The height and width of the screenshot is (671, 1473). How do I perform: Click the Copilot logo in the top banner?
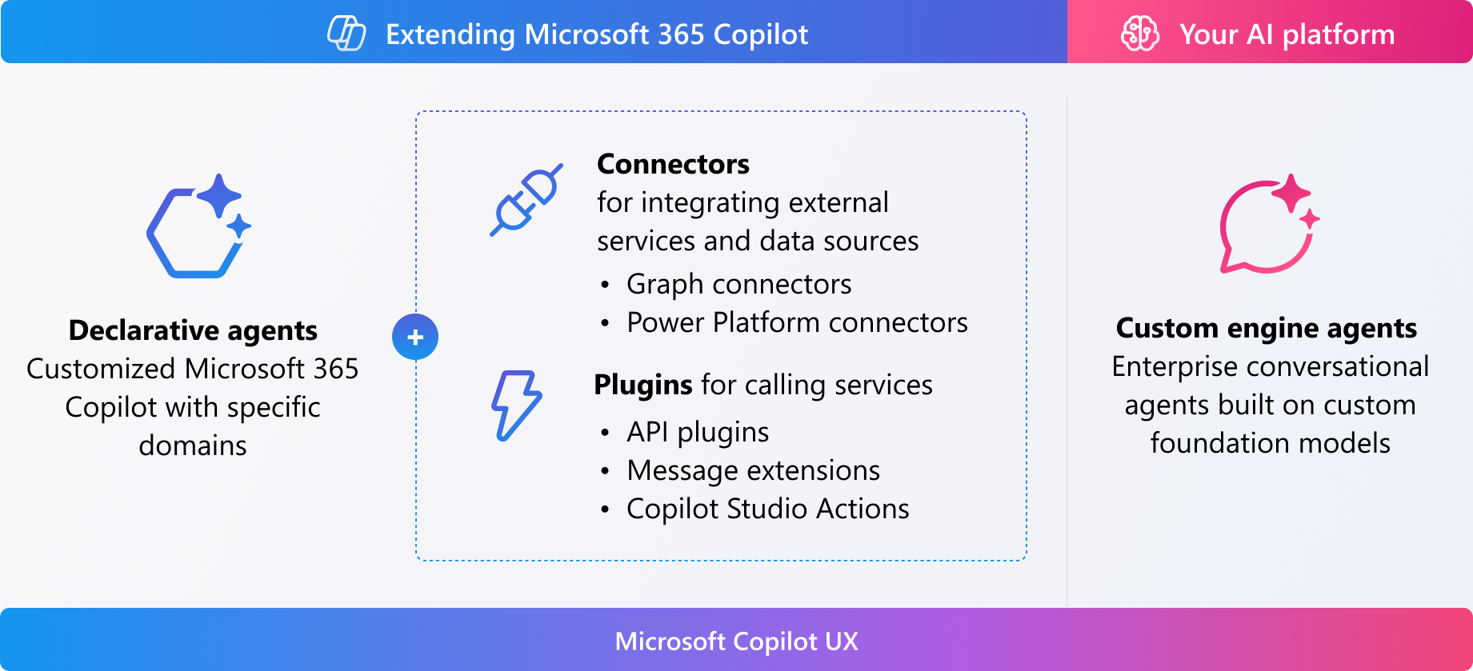click(x=346, y=34)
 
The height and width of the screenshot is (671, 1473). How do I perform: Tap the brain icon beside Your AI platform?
click(x=1140, y=34)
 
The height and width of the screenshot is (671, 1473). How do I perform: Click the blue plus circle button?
click(x=415, y=337)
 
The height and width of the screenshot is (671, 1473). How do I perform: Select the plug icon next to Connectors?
click(x=526, y=200)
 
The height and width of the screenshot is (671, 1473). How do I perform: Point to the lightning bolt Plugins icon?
click(x=515, y=405)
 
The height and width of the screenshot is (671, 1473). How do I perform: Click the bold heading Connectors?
click(x=673, y=164)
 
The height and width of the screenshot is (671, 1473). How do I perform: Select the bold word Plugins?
click(x=643, y=385)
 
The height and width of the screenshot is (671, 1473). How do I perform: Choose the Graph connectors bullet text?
click(x=739, y=284)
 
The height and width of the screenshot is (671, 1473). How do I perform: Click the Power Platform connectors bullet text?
click(x=797, y=322)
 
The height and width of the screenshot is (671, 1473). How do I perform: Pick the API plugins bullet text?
click(x=698, y=432)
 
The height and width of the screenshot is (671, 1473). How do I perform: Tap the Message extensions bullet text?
click(x=753, y=470)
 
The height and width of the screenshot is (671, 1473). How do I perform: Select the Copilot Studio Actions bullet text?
click(x=767, y=509)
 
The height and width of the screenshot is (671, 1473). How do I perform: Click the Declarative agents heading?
click(x=193, y=330)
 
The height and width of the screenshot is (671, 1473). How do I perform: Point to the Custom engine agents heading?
click(x=1266, y=328)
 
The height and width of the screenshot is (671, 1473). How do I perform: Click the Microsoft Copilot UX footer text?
click(x=736, y=641)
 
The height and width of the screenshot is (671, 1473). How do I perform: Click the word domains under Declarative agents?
click(x=193, y=445)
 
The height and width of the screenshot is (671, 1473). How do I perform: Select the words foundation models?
click(x=1270, y=443)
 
